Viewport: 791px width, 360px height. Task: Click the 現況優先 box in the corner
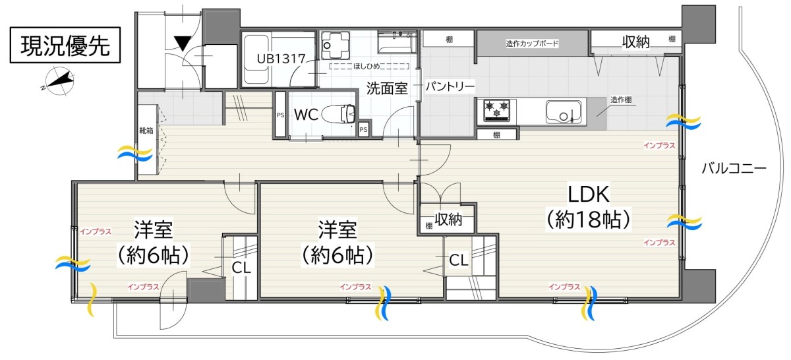click(x=65, y=45)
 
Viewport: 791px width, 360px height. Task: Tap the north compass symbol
click(x=59, y=81)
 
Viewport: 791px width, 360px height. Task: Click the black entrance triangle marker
click(x=183, y=43)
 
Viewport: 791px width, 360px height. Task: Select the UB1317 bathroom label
click(x=281, y=59)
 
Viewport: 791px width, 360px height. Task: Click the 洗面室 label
click(x=387, y=88)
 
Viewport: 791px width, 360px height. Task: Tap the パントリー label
click(x=450, y=86)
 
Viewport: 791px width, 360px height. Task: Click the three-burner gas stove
click(x=497, y=111)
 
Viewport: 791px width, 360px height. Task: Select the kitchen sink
click(x=564, y=112)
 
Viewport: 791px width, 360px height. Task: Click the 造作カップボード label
click(x=532, y=44)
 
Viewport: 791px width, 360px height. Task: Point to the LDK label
click(x=588, y=194)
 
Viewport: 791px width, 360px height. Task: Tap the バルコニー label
click(x=734, y=168)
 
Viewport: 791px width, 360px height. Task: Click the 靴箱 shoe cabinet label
click(x=146, y=131)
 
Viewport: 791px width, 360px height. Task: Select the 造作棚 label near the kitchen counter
click(x=621, y=100)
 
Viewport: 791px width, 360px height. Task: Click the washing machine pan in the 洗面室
click(x=336, y=45)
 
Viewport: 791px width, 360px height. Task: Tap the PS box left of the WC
click(x=280, y=114)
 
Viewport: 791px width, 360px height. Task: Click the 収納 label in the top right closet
click(x=635, y=42)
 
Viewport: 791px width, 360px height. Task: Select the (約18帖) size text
click(x=588, y=220)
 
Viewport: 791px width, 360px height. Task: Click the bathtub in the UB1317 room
click(x=256, y=59)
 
